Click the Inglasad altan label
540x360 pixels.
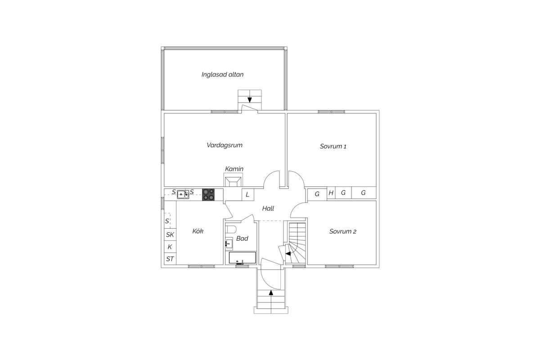click(x=222, y=75)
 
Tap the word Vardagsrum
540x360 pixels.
click(x=225, y=145)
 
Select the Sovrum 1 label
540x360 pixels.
click(x=333, y=146)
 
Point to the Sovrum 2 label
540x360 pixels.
click(x=342, y=231)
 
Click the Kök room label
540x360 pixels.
click(x=198, y=231)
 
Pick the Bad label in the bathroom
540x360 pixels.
click(x=242, y=238)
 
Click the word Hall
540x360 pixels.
click(x=268, y=208)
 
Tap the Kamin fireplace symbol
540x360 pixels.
click(x=233, y=181)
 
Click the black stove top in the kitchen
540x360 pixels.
click(x=208, y=194)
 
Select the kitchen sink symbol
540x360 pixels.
click(x=183, y=194)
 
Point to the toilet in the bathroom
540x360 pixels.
click(x=231, y=229)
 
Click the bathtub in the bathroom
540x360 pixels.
click(x=242, y=258)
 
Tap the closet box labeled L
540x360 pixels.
click(x=248, y=194)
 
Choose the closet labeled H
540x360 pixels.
click(x=331, y=193)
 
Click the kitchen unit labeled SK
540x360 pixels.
click(x=170, y=234)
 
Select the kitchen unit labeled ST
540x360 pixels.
click(x=170, y=259)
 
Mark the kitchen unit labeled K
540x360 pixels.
click(x=170, y=247)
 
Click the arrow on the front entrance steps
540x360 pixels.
click(x=271, y=293)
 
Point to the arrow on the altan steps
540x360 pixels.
click(x=249, y=100)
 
